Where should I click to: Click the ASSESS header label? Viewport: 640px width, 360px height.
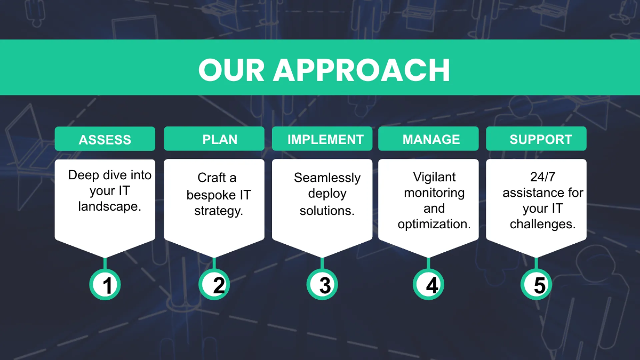105,140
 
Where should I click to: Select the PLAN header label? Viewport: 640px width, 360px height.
220,140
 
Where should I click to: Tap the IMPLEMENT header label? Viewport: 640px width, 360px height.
325,140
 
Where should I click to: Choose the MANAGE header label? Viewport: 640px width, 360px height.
431,140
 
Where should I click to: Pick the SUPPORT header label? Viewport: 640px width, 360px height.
540,140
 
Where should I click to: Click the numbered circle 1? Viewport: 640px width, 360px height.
105,285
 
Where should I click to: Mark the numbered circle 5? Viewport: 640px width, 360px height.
537,285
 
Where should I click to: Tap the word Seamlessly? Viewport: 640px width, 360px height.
327,178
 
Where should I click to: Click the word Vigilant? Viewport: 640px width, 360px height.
434,177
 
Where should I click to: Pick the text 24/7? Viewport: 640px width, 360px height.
542,177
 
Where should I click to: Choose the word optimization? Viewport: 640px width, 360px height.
434,224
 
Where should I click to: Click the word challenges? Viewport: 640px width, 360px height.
542,224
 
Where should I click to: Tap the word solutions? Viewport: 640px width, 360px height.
327,211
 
